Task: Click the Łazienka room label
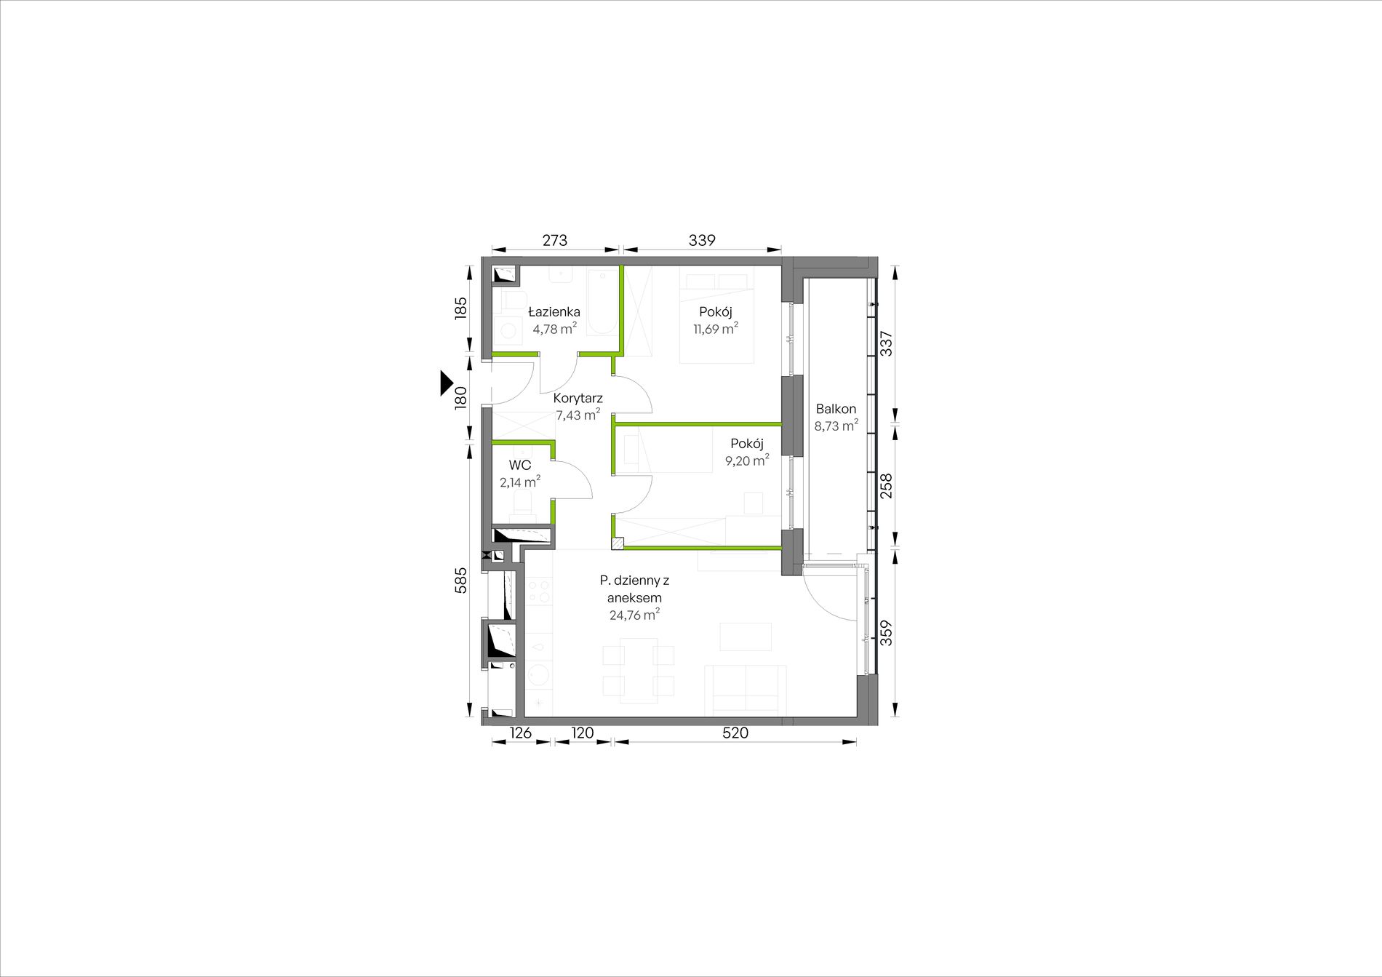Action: (x=554, y=312)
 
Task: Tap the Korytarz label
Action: (x=578, y=399)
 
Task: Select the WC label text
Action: (x=519, y=466)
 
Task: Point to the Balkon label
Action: (x=836, y=409)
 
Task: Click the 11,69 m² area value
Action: (x=716, y=329)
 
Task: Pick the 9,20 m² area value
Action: (x=747, y=460)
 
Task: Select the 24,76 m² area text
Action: (x=634, y=615)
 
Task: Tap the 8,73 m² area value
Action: (x=836, y=426)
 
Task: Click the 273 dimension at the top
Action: (x=554, y=240)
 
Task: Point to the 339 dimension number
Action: (x=702, y=240)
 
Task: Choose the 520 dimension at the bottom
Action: (x=735, y=733)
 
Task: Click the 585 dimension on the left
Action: (x=460, y=581)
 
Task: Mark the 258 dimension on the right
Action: (x=886, y=486)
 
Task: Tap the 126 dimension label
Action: (x=520, y=733)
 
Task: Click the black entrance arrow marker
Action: (x=447, y=383)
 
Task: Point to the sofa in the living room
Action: (x=748, y=690)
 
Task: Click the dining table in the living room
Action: (x=639, y=670)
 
